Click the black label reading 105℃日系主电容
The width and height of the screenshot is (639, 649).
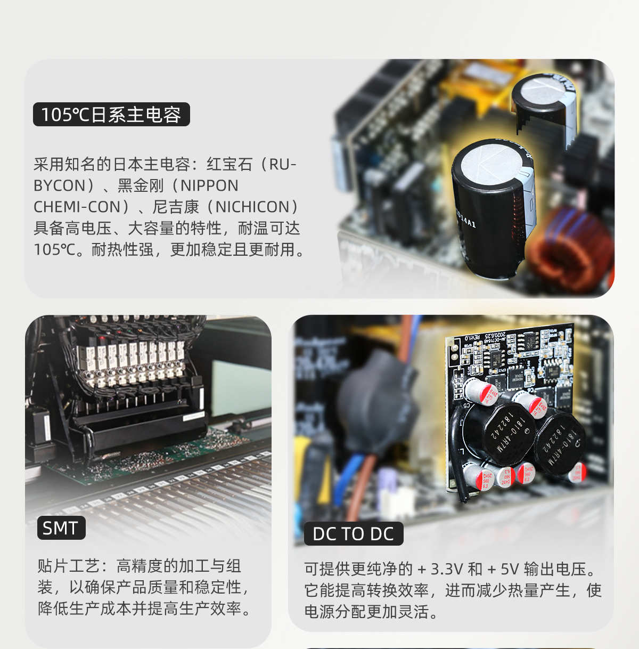(x=111, y=115)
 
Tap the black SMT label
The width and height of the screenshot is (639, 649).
(x=61, y=528)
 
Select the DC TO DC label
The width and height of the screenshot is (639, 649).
(x=354, y=534)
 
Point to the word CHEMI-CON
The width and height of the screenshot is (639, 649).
(x=77, y=207)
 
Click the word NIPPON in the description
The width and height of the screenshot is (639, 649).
(x=209, y=185)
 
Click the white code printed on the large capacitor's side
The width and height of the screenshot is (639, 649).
(x=465, y=218)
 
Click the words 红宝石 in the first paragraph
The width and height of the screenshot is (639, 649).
(x=230, y=164)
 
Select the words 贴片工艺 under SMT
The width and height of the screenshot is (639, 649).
(x=68, y=566)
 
